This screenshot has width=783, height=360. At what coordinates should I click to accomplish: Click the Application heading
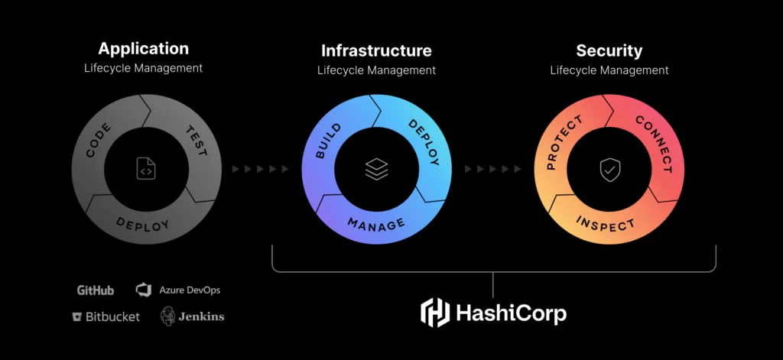143,49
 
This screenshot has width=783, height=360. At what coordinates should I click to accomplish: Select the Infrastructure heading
376,51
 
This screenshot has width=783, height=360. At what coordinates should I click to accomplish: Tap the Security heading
609,51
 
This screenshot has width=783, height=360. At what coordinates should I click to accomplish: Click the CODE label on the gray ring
99,139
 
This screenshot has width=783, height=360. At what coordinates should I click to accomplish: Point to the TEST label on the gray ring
196,141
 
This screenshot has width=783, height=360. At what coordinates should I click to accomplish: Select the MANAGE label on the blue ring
375,225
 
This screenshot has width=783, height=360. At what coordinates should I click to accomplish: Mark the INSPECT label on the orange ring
606,225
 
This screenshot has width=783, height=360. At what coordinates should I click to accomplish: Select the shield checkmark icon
609,170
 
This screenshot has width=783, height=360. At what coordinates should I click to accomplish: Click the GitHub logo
96,290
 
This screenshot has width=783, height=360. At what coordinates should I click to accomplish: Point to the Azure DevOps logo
177,290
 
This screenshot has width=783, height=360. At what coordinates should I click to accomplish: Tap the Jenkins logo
192,316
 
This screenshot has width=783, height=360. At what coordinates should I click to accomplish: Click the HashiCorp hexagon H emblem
436,313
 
